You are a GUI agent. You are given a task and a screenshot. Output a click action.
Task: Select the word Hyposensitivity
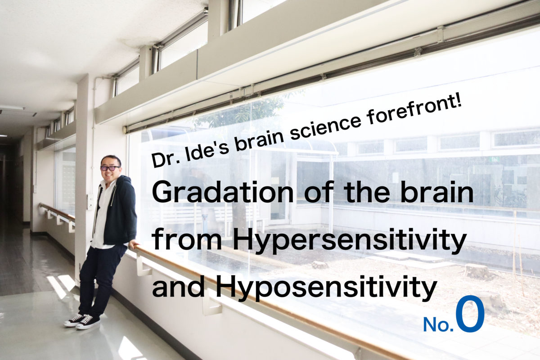coord(326,288)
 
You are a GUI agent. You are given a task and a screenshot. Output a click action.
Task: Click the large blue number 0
coord(470,314)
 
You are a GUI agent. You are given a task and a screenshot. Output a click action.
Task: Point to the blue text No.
coord(438,324)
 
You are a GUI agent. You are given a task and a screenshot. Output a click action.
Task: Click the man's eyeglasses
coord(110,168)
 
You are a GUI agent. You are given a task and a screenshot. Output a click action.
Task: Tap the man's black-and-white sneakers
coord(82,321)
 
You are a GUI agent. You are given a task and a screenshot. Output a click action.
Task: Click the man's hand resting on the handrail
coord(133,245)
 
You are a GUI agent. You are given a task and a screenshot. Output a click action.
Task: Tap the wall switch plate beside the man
coord(90,202)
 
